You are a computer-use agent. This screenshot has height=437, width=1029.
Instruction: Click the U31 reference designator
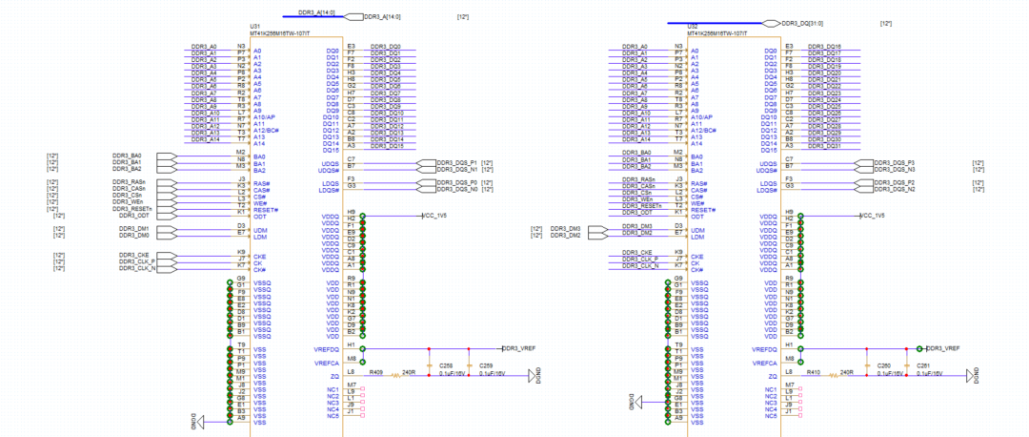coord(254,26)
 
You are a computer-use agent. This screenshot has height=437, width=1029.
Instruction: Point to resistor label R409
coord(375,371)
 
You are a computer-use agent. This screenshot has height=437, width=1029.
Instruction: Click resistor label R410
coord(813,371)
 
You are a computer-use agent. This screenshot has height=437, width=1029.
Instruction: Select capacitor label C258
coord(446,365)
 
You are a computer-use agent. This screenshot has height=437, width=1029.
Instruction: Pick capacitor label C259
coord(486,365)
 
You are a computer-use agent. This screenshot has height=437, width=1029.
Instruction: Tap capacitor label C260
coord(883,365)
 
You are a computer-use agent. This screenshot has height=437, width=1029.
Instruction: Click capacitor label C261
coord(922,365)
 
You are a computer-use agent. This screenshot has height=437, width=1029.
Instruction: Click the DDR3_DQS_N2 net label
coord(895,189)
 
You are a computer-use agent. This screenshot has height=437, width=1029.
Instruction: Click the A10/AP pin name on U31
coord(264,117)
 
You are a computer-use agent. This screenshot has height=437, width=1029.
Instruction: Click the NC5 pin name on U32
coord(771,416)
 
